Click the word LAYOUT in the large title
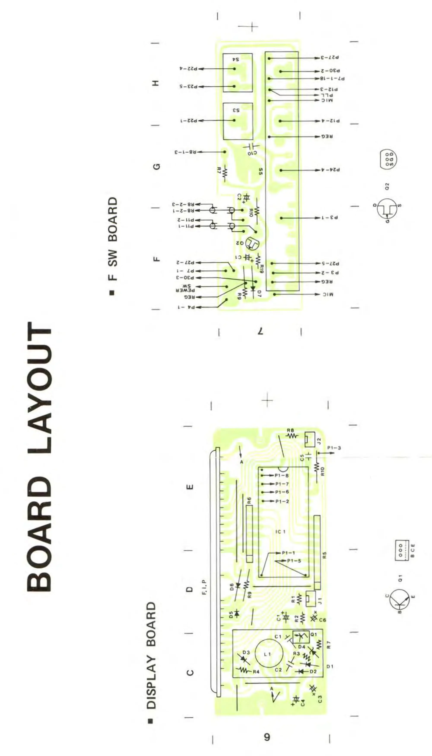pyautogui.click(x=40, y=387)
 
